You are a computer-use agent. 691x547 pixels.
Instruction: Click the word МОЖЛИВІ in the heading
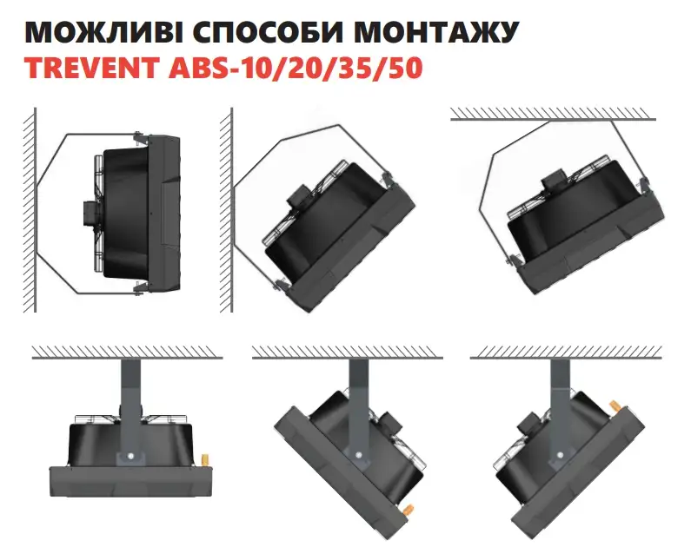click(x=103, y=31)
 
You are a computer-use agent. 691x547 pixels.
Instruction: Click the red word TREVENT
click(x=90, y=68)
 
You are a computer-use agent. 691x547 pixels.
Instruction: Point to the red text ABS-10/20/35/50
click(x=296, y=68)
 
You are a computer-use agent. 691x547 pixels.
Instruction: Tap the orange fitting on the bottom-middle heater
click(x=408, y=509)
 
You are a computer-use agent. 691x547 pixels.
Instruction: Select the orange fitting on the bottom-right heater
click(x=615, y=405)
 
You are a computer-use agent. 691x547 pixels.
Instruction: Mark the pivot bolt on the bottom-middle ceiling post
click(x=360, y=455)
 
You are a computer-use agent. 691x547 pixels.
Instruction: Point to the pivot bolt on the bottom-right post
click(x=560, y=455)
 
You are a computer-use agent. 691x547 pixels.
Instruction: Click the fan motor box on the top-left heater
click(x=90, y=214)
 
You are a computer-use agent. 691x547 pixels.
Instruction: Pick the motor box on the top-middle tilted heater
click(x=301, y=194)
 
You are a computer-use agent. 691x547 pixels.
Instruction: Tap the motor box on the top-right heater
click(x=553, y=179)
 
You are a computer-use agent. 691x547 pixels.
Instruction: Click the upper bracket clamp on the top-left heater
click(x=140, y=138)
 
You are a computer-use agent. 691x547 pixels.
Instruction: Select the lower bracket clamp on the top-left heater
click(x=140, y=287)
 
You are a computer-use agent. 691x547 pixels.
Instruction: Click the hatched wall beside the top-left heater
click(x=30, y=209)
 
